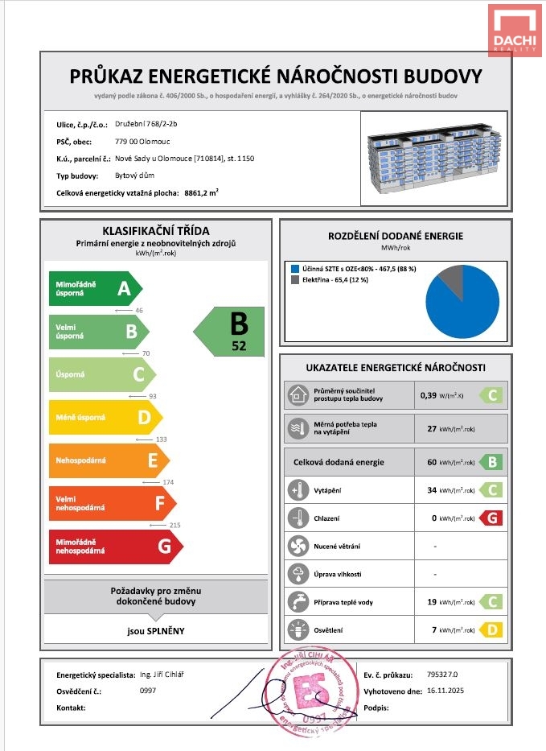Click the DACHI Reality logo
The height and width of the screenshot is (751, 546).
(x=515, y=30)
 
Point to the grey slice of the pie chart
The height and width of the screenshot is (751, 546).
(x=451, y=279)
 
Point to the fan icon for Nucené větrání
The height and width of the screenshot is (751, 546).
(x=298, y=547)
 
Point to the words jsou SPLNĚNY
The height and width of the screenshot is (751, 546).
(x=157, y=630)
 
